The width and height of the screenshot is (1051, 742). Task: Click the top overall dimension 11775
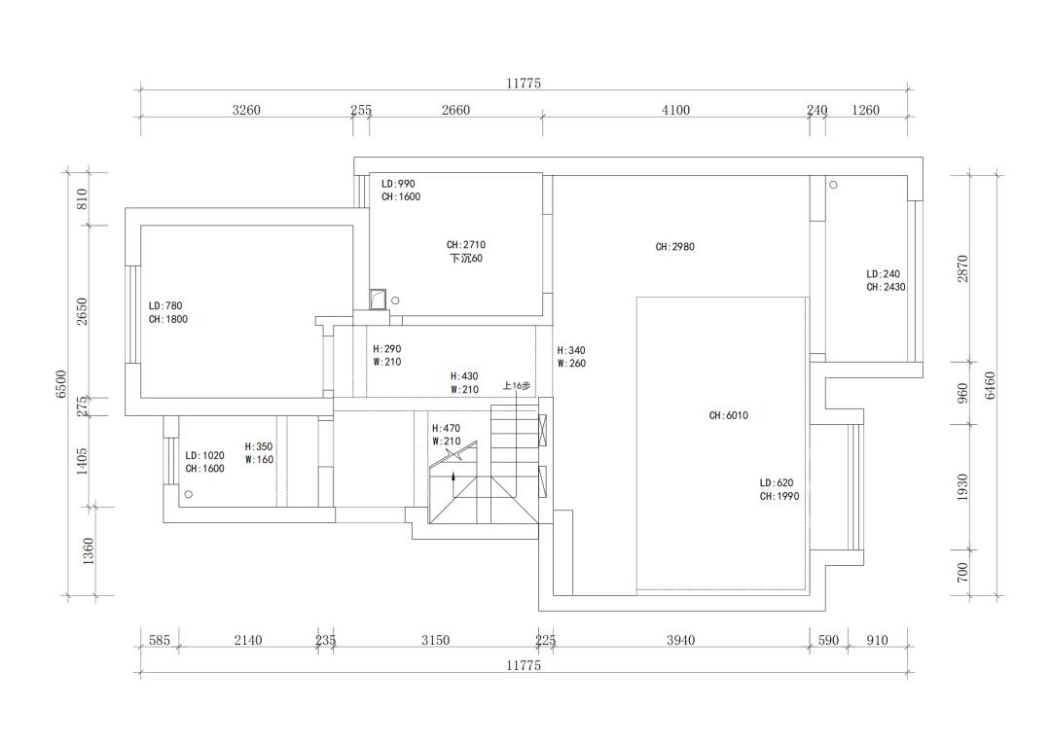[x=523, y=84]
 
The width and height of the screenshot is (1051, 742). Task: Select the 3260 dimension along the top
[x=246, y=110]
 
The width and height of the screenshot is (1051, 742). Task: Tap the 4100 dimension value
[x=675, y=110]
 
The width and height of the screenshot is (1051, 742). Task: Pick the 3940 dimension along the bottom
[x=680, y=640]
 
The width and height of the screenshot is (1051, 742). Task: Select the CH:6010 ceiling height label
[x=728, y=415]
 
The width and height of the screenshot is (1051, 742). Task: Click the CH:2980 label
[x=674, y=247]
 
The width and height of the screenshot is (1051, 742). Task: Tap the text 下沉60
[x=466, y=259]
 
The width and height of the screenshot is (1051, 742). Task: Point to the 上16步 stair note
[x=517, y=386]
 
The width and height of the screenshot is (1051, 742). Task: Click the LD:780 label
[x=165, y=305]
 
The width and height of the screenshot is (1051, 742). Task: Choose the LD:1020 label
[x=204, y=455]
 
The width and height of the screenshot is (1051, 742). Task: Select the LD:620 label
[x=779, y=482]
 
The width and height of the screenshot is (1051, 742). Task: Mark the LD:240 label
[x=884, y=274]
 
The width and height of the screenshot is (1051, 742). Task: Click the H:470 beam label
[x=446, y=428]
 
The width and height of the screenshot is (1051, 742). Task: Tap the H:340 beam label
[x=571, y=350]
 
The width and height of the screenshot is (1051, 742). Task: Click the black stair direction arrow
[x=453, y=477]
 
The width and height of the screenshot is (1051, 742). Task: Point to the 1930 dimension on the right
[x=962, y=487]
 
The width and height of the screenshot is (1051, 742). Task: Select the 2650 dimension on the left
[x=83, y=311]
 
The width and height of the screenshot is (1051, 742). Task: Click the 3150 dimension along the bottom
[x=435, y=640]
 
